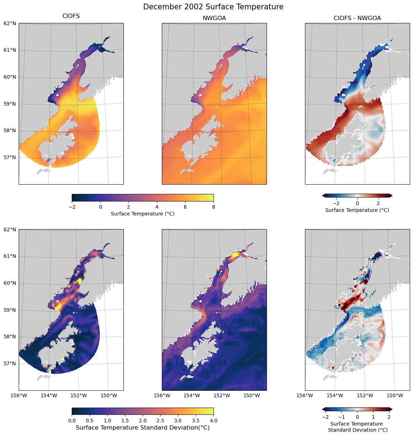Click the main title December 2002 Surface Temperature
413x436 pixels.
pos(213,7)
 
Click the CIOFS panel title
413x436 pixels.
pos(71,16)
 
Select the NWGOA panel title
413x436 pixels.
pos(214,18)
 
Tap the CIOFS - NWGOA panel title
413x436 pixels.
pos(357,18)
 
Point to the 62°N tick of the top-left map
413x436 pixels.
pos(10,24)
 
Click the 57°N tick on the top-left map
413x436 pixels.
pos(10,157)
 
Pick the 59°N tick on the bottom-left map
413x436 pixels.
pos(10,310)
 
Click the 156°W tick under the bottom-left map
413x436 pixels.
pos(19,395)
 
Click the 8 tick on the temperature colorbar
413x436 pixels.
pos(213,207)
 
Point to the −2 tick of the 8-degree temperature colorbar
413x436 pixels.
pos(72,207)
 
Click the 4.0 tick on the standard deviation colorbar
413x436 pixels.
pos(213,420)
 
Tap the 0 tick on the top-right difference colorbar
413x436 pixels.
pos(357,203)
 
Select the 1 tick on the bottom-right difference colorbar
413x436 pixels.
pos(373,417)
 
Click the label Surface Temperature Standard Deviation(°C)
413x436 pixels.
pos(143,427)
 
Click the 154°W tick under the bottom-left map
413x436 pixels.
pos(49,395)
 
